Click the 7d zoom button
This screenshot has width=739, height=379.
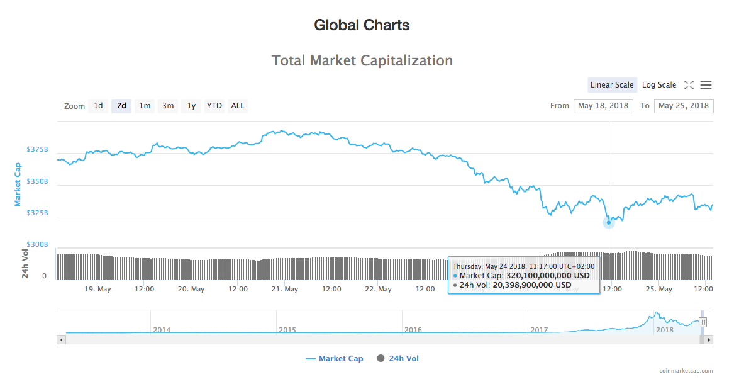click(121, 106)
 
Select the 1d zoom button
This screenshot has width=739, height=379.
click(98, 106)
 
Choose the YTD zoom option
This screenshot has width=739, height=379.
click(214, 106)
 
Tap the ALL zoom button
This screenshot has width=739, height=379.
click(238, 106)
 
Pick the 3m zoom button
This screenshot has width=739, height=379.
click(168, 106)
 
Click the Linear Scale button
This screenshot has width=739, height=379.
click(612, 85)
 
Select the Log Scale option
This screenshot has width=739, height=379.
click(659, 85)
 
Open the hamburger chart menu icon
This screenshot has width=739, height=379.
click(706, 85)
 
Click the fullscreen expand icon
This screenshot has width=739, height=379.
click(689, 85)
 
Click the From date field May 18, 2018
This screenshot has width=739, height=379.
click(603, 106)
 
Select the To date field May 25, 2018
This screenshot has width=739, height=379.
click(683, 106)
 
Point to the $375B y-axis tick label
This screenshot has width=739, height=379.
click(37, 150)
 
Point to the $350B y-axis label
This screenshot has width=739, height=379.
click(37, 181)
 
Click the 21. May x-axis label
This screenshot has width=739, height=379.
click(285, 289)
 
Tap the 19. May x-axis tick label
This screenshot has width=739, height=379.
click(98, 289)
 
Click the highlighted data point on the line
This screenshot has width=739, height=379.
click(608, 222)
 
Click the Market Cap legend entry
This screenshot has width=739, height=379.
click(334, 359)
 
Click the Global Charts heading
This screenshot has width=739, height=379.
click(362, 25)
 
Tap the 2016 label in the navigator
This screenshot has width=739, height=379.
click(413, 330)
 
